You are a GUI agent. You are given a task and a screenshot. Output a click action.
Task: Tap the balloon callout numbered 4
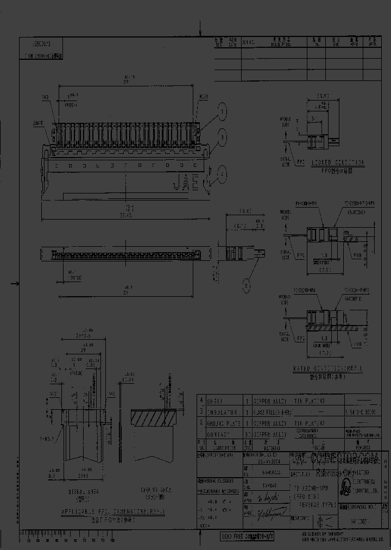pos(222,173)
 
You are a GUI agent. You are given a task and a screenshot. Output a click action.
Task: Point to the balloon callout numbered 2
pos(247,284)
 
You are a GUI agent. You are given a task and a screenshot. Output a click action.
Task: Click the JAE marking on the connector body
pos(186,184)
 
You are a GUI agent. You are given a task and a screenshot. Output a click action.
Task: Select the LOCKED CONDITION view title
pos(337,162)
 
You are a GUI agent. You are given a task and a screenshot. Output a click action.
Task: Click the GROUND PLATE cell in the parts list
pos(223,423)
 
